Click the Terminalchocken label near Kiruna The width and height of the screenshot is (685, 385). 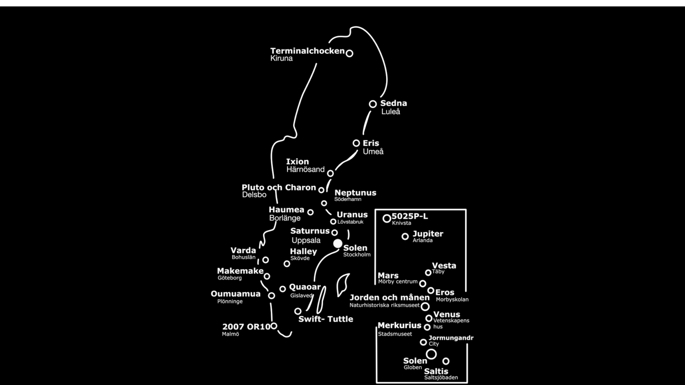[307, 51]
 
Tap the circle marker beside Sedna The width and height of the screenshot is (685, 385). [373, 104]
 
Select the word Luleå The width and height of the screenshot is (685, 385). [391, 111]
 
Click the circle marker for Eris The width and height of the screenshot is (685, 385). [356, 143]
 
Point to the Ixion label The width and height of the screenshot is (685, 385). [297, 162]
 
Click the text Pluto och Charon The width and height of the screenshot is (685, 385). [279, 187]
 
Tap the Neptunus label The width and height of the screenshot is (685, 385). [355, 193]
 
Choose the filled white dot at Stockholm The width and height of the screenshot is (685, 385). [338, 244]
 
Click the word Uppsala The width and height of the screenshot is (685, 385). [306, 240]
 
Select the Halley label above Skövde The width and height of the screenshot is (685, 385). [303, 251]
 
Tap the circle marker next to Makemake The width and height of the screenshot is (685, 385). [267, 276]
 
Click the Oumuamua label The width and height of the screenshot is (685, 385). [236, 294]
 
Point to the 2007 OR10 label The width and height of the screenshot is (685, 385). [246, 327]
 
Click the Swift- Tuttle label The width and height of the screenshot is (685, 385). [325, 319]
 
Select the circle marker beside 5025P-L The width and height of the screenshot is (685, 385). [386, 219]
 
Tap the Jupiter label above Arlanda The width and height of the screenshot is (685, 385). [428, 234]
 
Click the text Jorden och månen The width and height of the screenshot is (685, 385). [389, 298]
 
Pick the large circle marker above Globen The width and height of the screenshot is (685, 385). [431, 354]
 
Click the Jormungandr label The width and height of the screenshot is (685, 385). [451, 338]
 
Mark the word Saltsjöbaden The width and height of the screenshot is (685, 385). [441, 378]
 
